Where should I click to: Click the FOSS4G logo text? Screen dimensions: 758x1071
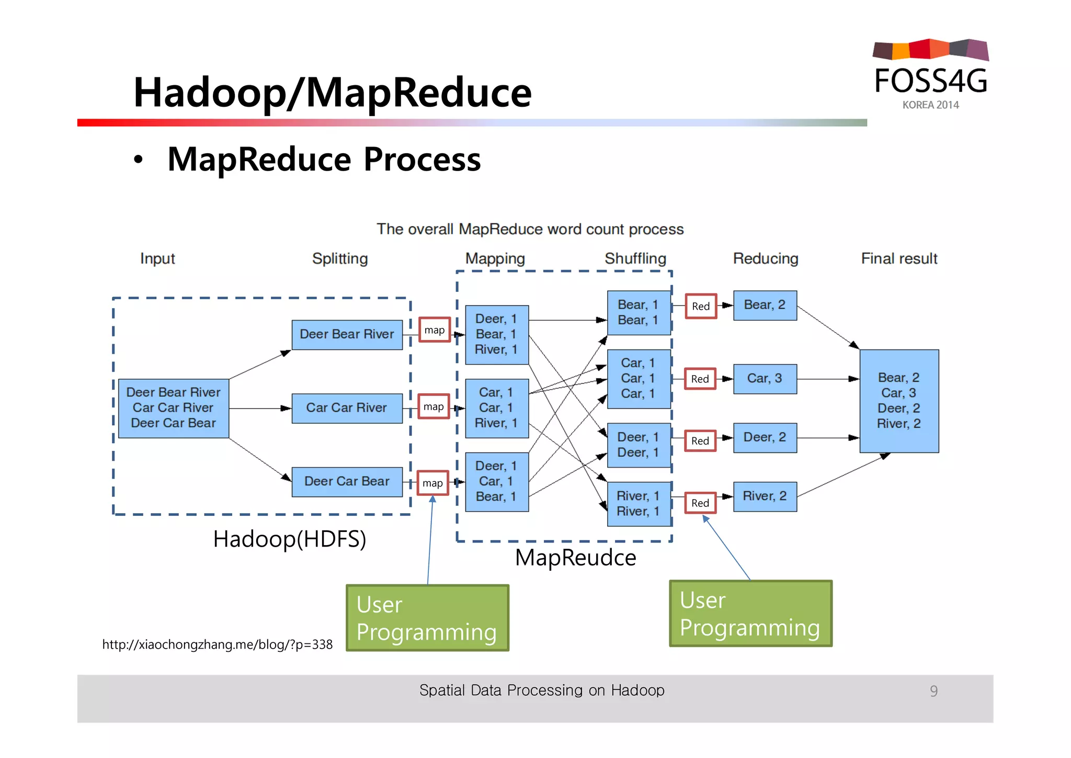[930, 81]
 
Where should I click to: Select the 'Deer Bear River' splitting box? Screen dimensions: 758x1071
[347, 334]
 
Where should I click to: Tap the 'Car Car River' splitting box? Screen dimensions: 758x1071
[347, 408]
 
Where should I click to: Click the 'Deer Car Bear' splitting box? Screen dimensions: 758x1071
[347, 481]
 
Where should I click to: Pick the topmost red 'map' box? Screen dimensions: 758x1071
[434, 330]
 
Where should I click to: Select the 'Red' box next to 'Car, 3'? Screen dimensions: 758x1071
[700, 379]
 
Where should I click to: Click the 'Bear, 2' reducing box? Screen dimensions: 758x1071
[765, 305]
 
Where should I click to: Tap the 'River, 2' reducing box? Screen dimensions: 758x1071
[765, 496]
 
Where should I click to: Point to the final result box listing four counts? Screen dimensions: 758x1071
[898, 401]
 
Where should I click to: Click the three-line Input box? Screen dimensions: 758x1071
[173, 408]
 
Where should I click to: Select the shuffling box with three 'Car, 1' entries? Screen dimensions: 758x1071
[638, 378]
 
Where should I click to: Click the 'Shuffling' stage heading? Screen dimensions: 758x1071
[635, 258]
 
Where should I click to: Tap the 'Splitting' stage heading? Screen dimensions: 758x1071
[340, 258]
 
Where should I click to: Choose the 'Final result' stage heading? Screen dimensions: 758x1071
[899, 258]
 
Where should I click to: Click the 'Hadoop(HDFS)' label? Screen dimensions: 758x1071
[289, 539]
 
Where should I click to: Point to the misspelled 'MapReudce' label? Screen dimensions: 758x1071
[575, 558]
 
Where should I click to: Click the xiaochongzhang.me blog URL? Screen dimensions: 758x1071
[217, 644]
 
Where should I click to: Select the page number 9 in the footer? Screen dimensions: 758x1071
[933, 691]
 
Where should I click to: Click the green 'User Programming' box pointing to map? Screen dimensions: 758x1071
[427, 618]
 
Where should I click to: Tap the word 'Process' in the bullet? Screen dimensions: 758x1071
[421, 160]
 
